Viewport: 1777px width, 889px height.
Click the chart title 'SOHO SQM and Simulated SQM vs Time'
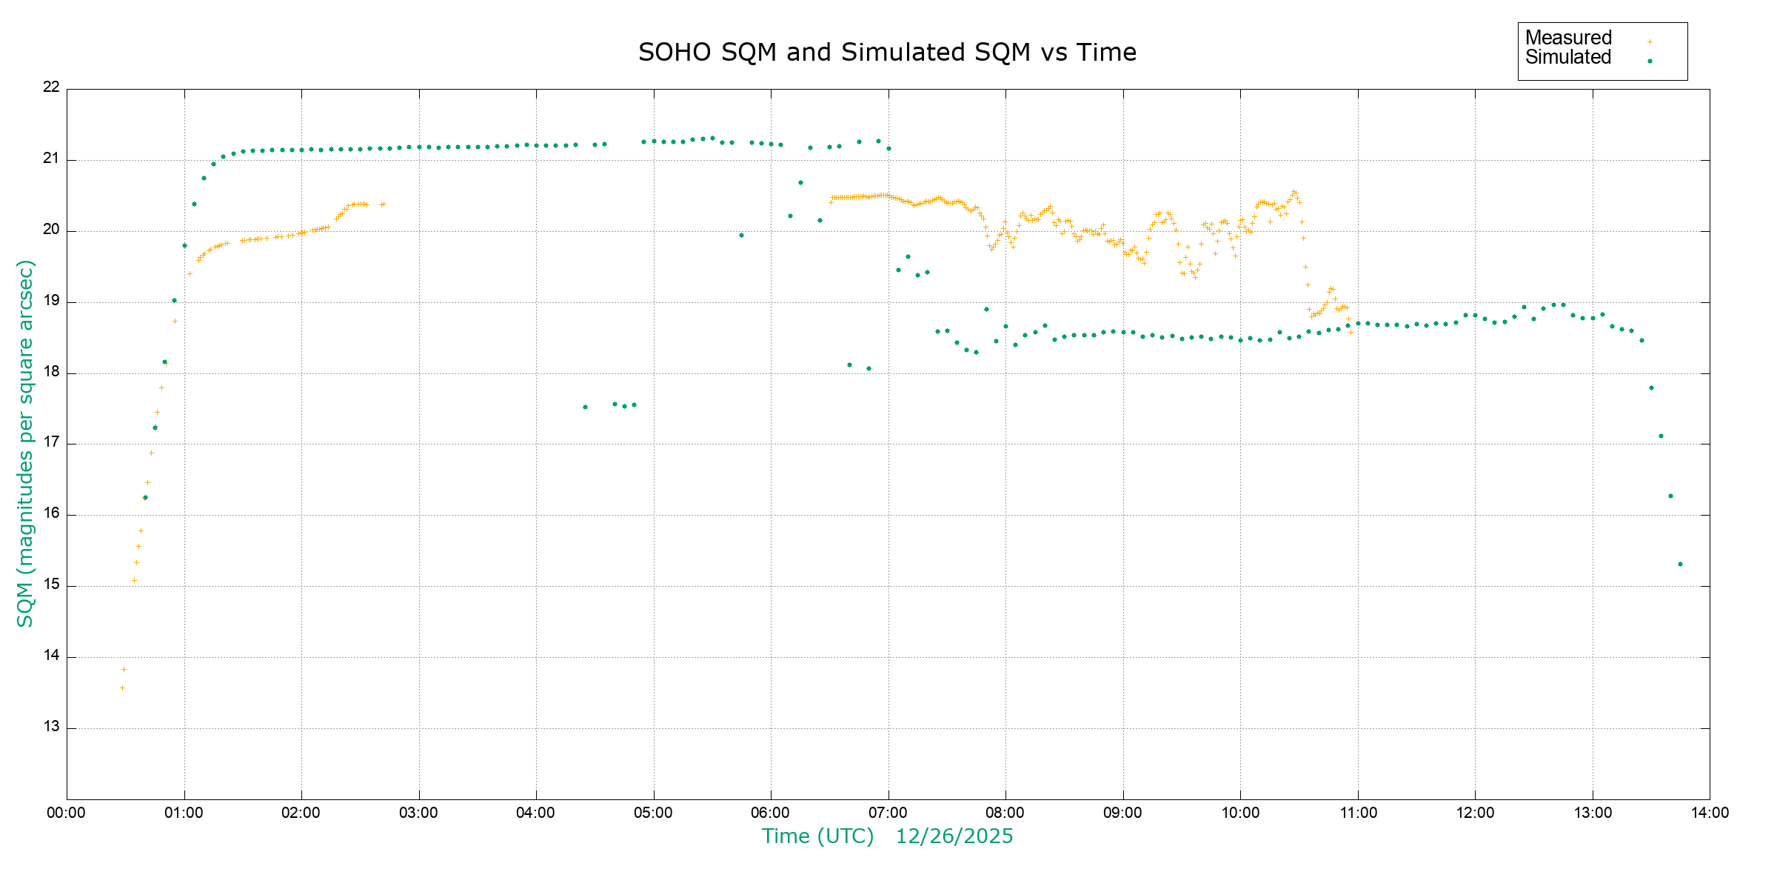pyautogui.click(x=887, y=53)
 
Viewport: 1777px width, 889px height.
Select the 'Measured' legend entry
pyautogui.click(x=1568, y=38)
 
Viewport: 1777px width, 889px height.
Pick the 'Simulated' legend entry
pyautogui.click(x=1568, y=58)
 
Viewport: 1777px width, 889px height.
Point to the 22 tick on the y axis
pyautogui.click(x=51, y=87)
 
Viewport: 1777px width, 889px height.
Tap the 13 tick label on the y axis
pyautogui.click(x=51, y=727)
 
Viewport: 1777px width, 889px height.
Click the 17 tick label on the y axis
pyautogui.click(x=51, y=442)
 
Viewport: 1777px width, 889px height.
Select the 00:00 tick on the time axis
pyautogui.click(x=67, y=813)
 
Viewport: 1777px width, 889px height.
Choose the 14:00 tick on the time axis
pyautogui.click(x=1710, y=813)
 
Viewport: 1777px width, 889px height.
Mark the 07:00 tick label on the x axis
pyautogui.click(x=888, y=813)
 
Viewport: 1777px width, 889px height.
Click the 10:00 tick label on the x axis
pyautogui.click(x=1240, y=813)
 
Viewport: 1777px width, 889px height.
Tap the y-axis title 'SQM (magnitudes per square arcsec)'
pyautogui.click(x=26, y=443)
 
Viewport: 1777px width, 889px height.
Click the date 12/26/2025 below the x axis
pyautogui.click(x=954, y=836)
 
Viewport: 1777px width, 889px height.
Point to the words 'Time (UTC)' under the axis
pyautogui.click(x=817, y=836)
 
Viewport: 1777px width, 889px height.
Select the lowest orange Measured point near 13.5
pyautogui.click(x=122, y=688)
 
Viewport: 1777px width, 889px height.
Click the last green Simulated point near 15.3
pyautogui.click(x=1680, y=565)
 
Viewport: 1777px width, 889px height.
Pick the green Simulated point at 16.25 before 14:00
pyautogui.click(x=1670, y=496)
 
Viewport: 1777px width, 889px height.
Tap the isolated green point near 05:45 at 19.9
pyautogui.click(x=741, y=236)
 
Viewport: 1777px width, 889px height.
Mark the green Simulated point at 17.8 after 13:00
pyautogui.click(x=1651, y=388)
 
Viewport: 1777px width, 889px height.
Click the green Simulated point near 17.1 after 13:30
pyautogui.click(x=1661, y=436)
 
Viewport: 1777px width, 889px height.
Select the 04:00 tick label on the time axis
pyautogui.click(x=536, y=813)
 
